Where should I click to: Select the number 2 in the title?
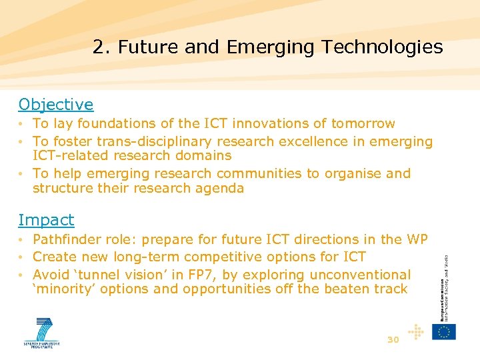point(98,47)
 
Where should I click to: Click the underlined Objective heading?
point(56,105)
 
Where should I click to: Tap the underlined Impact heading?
point(46,220)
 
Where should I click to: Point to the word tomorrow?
point(363,123)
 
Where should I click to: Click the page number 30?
point(393,340)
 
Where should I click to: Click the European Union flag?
point(444,331)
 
